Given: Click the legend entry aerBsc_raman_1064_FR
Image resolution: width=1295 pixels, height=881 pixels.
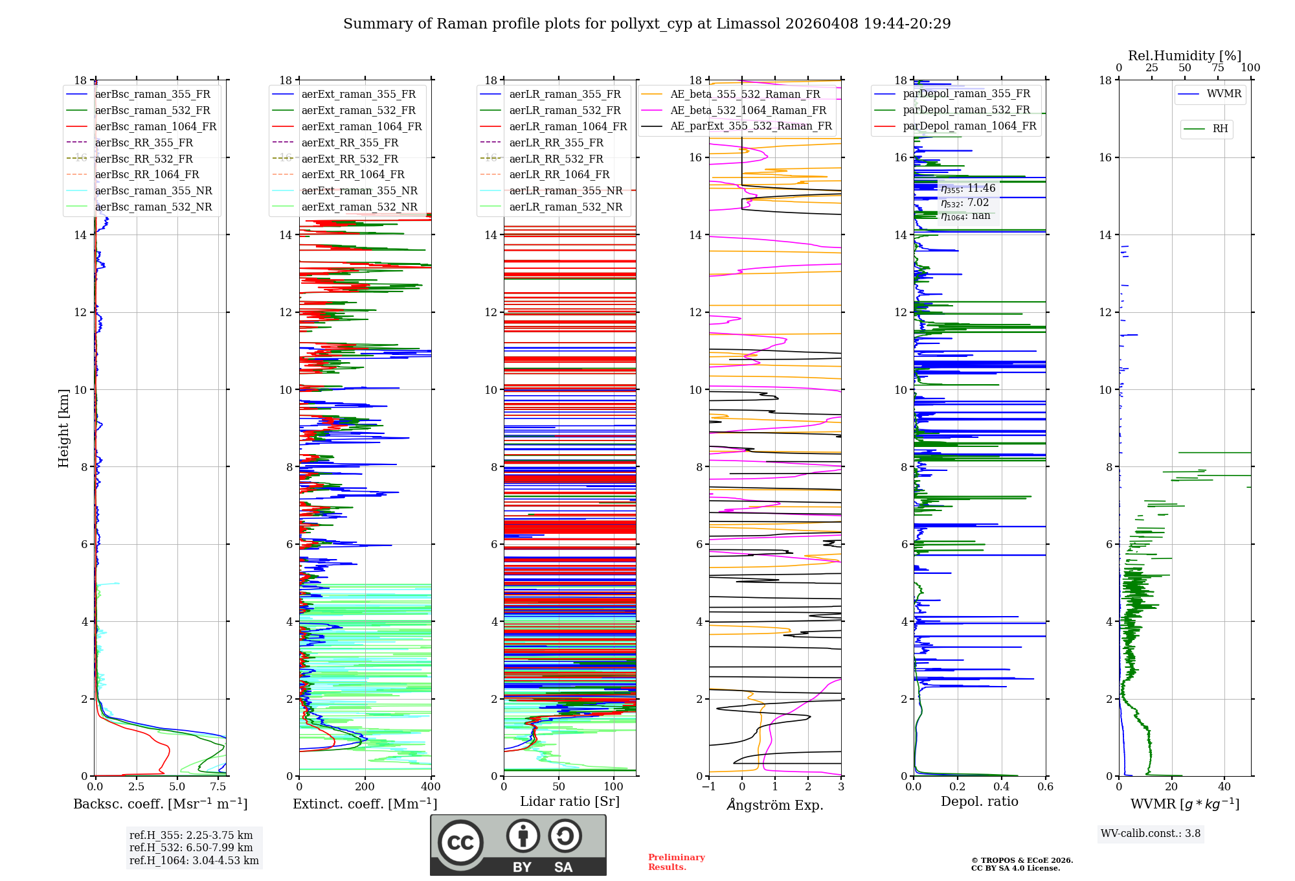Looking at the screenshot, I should (x=155, y=126).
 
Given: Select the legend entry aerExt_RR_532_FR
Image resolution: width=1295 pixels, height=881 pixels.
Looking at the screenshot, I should (x=350, y=159).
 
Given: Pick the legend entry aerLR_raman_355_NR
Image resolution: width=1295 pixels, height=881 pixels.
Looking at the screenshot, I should (x=565, y=190).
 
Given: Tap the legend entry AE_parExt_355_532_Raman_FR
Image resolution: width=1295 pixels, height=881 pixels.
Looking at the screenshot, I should (x=750, y=126).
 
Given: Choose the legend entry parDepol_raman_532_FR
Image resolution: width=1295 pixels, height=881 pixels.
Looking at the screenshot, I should (x=966, y=109).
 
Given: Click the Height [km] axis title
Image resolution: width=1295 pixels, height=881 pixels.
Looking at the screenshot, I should (x=63, y=428).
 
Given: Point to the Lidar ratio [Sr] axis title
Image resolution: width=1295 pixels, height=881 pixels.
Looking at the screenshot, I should (x=570, y=801).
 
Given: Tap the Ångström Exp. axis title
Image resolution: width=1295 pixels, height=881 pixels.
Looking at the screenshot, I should (x=775, y=805).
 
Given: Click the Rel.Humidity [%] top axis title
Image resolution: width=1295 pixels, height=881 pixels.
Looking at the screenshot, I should (x=1184, y=56).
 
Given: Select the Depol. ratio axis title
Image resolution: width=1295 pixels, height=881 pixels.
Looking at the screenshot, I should (x=979, y=801).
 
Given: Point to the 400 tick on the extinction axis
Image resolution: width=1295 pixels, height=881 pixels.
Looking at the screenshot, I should (x=431, y=787).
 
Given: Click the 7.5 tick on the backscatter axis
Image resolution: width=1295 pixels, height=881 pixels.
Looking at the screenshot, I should (x=218, y=787).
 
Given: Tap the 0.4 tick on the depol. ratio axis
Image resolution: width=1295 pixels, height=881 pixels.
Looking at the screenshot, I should (x=1002, y=787).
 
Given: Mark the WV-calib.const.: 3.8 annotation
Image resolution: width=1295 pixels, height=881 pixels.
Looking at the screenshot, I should (x=1151, y=834).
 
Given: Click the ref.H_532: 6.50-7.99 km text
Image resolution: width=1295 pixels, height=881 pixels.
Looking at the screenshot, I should (x=191, y=847).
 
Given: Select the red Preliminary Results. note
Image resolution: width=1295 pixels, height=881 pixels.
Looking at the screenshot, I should (x=676, y=862).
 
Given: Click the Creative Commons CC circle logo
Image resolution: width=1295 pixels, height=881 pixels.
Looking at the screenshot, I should (x=460, y=843).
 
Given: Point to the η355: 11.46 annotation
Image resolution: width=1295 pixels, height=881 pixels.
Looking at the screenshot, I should (x=967, y=189).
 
